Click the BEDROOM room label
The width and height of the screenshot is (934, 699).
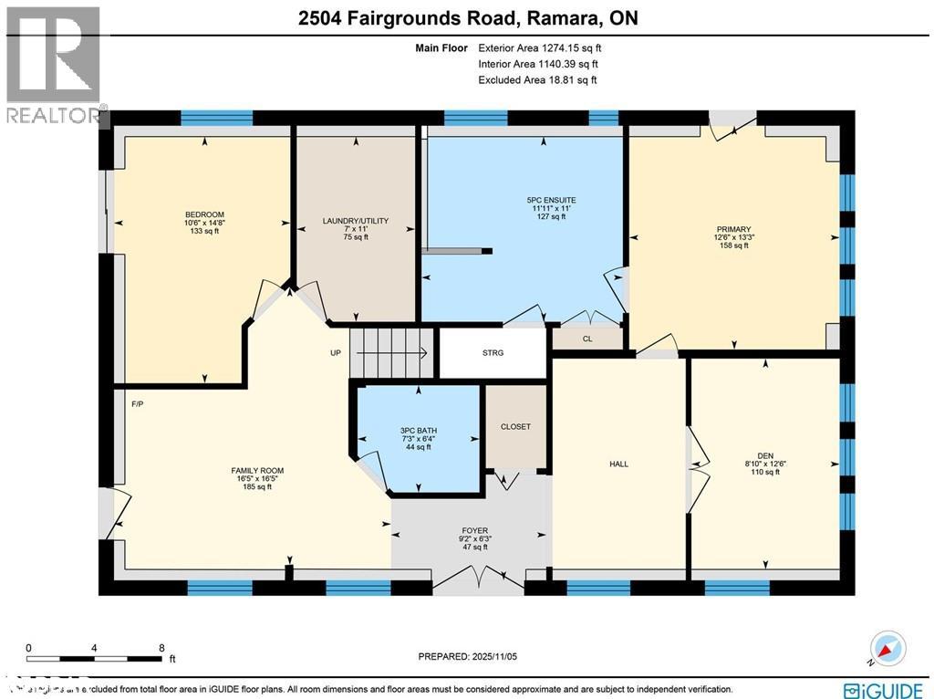(x=202, y=214)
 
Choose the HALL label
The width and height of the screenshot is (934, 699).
(x=618, y=464)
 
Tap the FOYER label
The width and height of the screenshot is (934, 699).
(x=474, y=530)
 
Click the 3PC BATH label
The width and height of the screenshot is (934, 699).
(x=418, y=428)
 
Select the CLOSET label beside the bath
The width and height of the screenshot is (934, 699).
(x=515, y=426)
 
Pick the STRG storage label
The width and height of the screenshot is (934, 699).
(x=493, y=352)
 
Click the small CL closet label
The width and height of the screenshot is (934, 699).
(x=587, y=339)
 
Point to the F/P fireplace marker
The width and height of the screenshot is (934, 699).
(x=139, y=404)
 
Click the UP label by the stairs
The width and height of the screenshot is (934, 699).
(x=336, y=352)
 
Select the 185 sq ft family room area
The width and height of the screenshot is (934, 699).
(x=251, y=487)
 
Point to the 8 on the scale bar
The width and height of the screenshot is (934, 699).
(x=161, y=648)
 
